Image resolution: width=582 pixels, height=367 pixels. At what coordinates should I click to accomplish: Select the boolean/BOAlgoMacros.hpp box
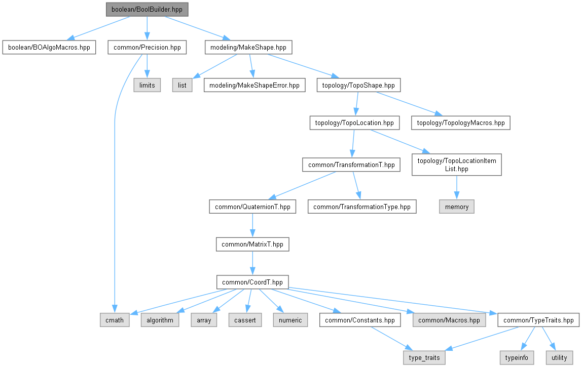49,48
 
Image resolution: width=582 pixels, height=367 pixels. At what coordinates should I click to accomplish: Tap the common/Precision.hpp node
147,48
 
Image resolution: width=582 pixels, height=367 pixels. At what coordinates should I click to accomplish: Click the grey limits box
147,85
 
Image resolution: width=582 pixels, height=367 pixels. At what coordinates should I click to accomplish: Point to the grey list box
183,85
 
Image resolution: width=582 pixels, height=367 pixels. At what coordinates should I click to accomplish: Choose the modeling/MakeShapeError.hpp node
254,85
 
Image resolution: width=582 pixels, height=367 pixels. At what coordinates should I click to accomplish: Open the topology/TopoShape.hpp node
358,85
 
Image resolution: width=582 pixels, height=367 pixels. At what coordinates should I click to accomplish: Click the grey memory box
457,207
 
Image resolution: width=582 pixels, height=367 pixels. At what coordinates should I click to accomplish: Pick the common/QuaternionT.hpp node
252,207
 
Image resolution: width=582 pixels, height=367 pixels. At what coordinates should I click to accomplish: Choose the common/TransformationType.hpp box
362,207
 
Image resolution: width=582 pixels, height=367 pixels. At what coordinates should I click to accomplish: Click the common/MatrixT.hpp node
252,244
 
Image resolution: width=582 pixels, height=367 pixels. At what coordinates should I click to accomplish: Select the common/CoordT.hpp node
252,281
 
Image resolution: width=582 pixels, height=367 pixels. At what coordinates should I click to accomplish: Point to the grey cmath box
115,320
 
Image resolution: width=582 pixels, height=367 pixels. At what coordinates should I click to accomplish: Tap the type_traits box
424,358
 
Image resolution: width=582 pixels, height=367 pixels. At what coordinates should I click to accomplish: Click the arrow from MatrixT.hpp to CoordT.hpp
252,263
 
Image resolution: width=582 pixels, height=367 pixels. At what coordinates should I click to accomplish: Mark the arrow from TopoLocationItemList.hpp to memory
457,187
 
